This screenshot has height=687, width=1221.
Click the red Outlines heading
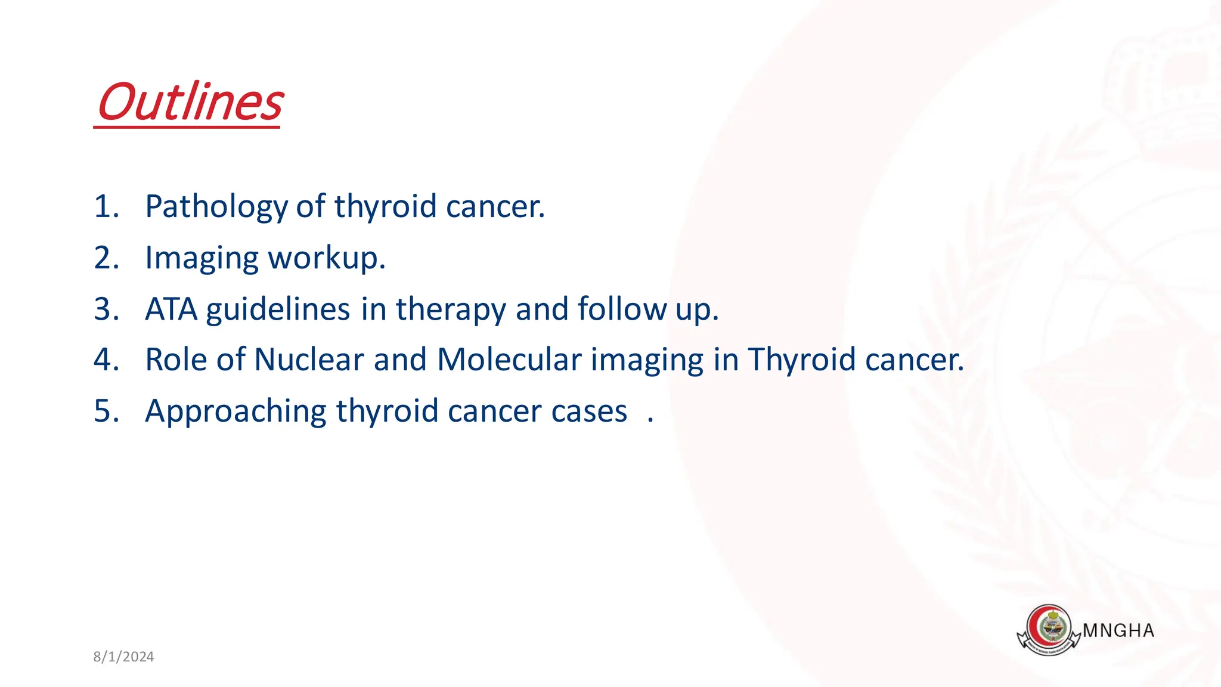point(190,103)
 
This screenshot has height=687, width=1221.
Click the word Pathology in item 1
point(216,207)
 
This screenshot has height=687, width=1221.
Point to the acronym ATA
point(171,310)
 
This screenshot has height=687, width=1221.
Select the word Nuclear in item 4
point(309,360)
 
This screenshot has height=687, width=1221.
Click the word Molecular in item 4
point(509,360)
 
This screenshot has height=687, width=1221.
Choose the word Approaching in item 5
point(235,412)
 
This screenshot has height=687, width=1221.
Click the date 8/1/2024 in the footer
point(123,657)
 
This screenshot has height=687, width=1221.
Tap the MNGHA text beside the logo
point(1118,631)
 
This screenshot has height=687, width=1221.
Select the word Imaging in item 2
point(202,259)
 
